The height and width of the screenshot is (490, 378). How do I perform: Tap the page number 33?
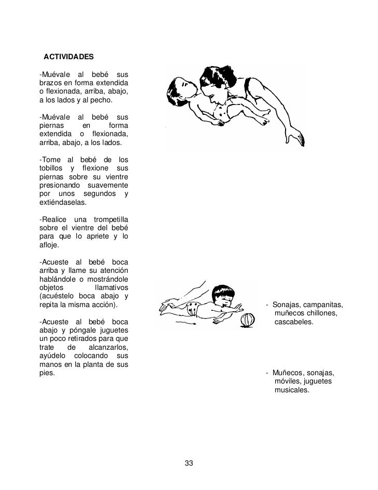189,463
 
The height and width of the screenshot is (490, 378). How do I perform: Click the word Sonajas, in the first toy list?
290,304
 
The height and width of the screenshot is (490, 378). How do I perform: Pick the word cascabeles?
294,322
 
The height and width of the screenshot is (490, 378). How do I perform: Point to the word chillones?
320,313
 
